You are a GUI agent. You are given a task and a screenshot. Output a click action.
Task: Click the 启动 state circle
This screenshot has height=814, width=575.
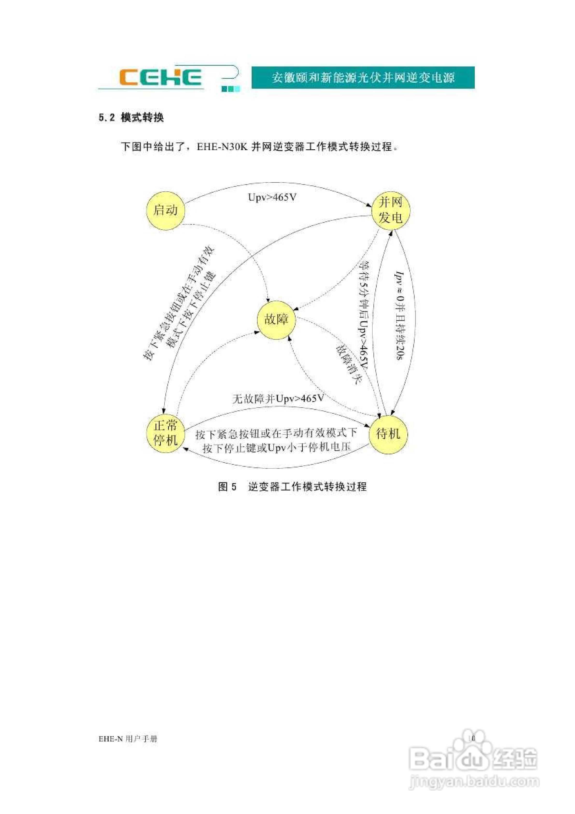(x=166, y=210)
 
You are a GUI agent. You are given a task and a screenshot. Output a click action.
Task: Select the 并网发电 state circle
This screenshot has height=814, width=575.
(x=390, y=210)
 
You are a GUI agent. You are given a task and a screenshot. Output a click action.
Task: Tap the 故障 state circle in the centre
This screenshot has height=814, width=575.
(x=276, y=320)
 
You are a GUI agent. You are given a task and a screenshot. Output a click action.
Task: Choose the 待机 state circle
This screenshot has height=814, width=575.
(x=388, y=434)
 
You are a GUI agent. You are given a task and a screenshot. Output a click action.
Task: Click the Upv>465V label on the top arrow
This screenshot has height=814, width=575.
(x=272, y=197)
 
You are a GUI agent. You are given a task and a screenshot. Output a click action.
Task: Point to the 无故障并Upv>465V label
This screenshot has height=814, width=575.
(x=278, y=399)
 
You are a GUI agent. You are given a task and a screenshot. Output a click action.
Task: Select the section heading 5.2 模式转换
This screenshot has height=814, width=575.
(x=131, y=117)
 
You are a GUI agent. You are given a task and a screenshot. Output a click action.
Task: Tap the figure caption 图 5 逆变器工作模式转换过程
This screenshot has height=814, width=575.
(x=293, y=487)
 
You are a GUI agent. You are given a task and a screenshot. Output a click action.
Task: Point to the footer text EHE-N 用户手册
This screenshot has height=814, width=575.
(x=128, y=739)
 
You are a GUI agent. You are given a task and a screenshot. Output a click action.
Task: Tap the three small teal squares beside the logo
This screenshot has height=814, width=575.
(x=231, y=89)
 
